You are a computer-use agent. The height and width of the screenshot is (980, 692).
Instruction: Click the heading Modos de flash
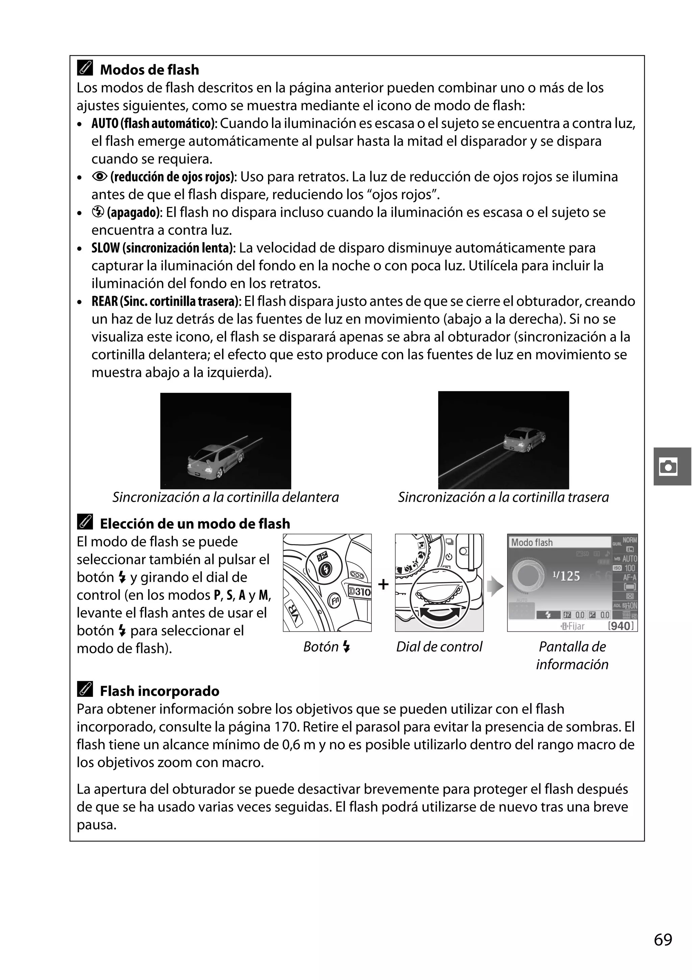point(149,70)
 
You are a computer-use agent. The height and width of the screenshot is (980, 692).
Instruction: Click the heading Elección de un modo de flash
point(195,523)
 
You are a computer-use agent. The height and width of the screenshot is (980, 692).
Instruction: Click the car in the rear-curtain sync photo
point(524,439)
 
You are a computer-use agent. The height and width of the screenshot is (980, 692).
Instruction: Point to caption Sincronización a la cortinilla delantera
point(225,497)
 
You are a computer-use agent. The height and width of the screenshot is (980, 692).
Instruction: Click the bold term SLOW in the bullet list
point(105,248)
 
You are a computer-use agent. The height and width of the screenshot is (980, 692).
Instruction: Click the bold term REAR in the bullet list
point(105,301)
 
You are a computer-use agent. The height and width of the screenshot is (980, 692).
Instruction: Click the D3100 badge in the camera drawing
point(360,591)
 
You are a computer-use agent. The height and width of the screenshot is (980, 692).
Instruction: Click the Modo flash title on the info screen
point(532,543)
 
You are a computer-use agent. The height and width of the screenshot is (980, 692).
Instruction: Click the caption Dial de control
point(439,647)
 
